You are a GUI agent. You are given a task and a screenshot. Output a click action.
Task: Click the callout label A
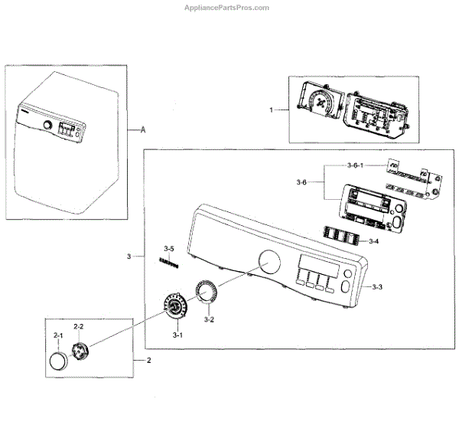[143, 130]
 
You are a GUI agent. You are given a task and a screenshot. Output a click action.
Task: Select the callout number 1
[271, 110]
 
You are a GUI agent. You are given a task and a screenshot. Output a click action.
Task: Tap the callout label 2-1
[58, 336]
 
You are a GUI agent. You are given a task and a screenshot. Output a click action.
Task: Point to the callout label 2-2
[79, 327]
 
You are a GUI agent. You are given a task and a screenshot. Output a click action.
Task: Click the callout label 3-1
[177, 335]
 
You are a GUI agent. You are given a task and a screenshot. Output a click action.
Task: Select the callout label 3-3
[376, 287]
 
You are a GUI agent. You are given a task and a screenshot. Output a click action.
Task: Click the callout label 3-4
[373, 241]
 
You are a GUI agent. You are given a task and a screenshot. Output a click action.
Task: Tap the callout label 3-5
[169, 249]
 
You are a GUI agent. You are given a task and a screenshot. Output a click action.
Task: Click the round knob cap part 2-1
[58, 361]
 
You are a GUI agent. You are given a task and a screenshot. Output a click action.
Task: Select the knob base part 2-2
[80, 351]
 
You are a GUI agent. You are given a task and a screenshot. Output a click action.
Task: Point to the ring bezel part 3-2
[207, 292]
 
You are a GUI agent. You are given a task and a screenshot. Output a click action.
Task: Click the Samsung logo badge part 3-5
[168, 262]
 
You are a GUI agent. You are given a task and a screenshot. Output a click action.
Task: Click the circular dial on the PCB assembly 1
[323, 101]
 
